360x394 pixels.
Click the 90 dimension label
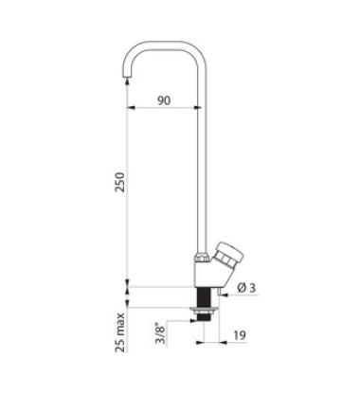click(x=164, y=100)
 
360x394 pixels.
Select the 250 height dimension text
click(x=120, y=182)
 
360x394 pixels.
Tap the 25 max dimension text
click(x=120, y=332)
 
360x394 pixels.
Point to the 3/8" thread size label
click(x=161, y=333)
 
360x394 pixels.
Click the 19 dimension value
click(x=240, y=335)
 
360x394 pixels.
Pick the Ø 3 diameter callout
click(x=246, y=288)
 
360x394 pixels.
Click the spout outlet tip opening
click(x=127, y=77)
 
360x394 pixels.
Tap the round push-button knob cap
click(x=232, y=253)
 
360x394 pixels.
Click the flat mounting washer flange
click(x=203, y=309)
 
